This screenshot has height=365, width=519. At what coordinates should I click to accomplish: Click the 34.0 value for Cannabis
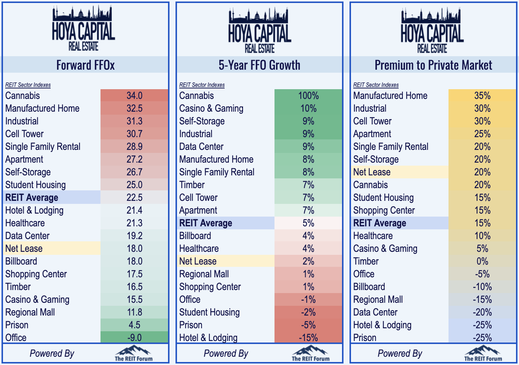tap(134, 96)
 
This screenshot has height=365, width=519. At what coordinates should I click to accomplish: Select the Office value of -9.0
tap(134, 338)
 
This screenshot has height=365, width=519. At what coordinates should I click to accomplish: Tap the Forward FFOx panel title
tap(85, 65)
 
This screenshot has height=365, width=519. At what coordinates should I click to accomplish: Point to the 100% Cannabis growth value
tap(308, 96)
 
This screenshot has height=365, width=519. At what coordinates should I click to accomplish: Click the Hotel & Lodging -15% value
tap(308, 338)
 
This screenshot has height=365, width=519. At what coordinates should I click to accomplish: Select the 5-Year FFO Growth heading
tap(259, 65)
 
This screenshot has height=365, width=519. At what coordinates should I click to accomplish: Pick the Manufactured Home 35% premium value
tap(482, 96)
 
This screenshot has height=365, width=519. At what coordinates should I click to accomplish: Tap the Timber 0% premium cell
tap(482, 261)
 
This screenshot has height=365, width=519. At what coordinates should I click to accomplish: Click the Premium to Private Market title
tap(433, 65)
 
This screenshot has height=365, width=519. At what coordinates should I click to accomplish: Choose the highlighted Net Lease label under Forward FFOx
tap(24, 248)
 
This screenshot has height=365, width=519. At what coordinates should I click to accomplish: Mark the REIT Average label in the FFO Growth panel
tap(206, 223)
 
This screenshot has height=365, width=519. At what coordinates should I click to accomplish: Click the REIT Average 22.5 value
tap(134, 197)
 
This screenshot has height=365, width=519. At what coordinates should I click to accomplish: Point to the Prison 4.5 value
tap(134, 325)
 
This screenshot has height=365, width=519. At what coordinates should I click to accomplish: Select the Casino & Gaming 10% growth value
tap(308, 108)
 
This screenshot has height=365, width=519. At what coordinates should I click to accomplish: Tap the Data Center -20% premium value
tap(482, 312)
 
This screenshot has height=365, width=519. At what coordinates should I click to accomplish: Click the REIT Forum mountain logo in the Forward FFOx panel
tap(134, 353)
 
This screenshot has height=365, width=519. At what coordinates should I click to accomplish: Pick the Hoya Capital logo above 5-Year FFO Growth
tap(259, 30)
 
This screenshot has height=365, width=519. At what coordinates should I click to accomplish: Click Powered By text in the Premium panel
tap(400, 353)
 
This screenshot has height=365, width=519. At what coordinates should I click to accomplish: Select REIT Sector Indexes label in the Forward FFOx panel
tap(28, 85)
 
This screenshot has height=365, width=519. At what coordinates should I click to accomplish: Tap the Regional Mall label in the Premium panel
tap(378, 299)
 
